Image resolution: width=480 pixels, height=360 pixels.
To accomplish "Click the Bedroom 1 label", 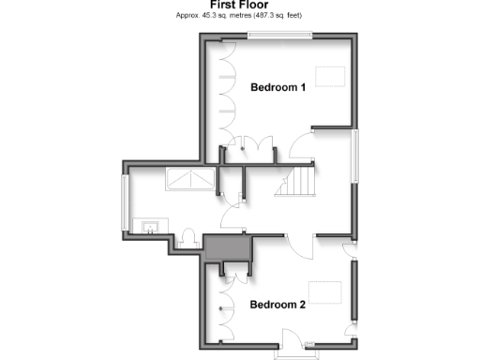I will click(x=277, y=88).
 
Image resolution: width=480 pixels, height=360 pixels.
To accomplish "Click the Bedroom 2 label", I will click(x=277, y=305).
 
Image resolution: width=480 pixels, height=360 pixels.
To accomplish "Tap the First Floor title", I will click(x=240, y=5).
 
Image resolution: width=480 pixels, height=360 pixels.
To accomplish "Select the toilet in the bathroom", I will click(x=187, y=239).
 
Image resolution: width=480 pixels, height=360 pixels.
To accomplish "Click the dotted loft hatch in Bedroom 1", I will click(x=330, y=76).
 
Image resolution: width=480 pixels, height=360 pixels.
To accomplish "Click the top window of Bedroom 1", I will click(x=280, y=35).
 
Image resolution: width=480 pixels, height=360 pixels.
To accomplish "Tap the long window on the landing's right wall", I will click(x=354, y=157).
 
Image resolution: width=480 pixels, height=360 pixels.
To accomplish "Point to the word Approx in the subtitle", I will click(x=187, y=15).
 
